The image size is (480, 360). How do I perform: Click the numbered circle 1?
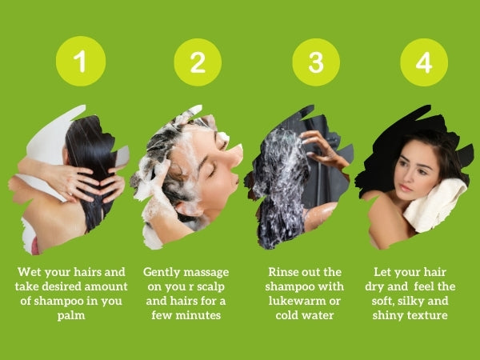click(81, 61)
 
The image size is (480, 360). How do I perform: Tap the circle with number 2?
click(198, 62)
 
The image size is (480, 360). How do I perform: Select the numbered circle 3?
click(316, 62)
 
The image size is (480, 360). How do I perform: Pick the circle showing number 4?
click(424, 62)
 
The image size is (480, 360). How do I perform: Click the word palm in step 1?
click(71, 316)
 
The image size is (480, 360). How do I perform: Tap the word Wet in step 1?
click(29, 272)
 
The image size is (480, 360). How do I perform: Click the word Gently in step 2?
click(161, 273)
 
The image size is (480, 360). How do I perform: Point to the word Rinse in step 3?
click(282, 272)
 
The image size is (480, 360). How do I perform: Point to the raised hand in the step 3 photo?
click(323, 147)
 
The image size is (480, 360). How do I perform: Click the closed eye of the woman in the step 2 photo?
click(212, 172)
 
